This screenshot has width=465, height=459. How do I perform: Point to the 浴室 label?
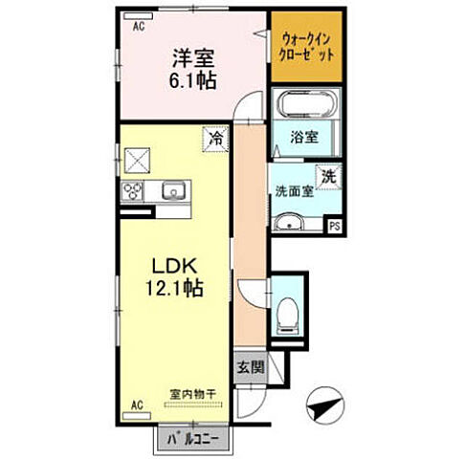304,137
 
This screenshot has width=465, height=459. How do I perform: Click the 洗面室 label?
295,190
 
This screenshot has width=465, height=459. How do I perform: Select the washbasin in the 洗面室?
288,223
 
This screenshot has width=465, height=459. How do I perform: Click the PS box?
334,226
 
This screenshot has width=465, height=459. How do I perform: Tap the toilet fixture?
286,314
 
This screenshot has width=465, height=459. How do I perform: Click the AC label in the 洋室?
139,27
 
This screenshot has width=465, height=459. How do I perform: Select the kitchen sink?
172,189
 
